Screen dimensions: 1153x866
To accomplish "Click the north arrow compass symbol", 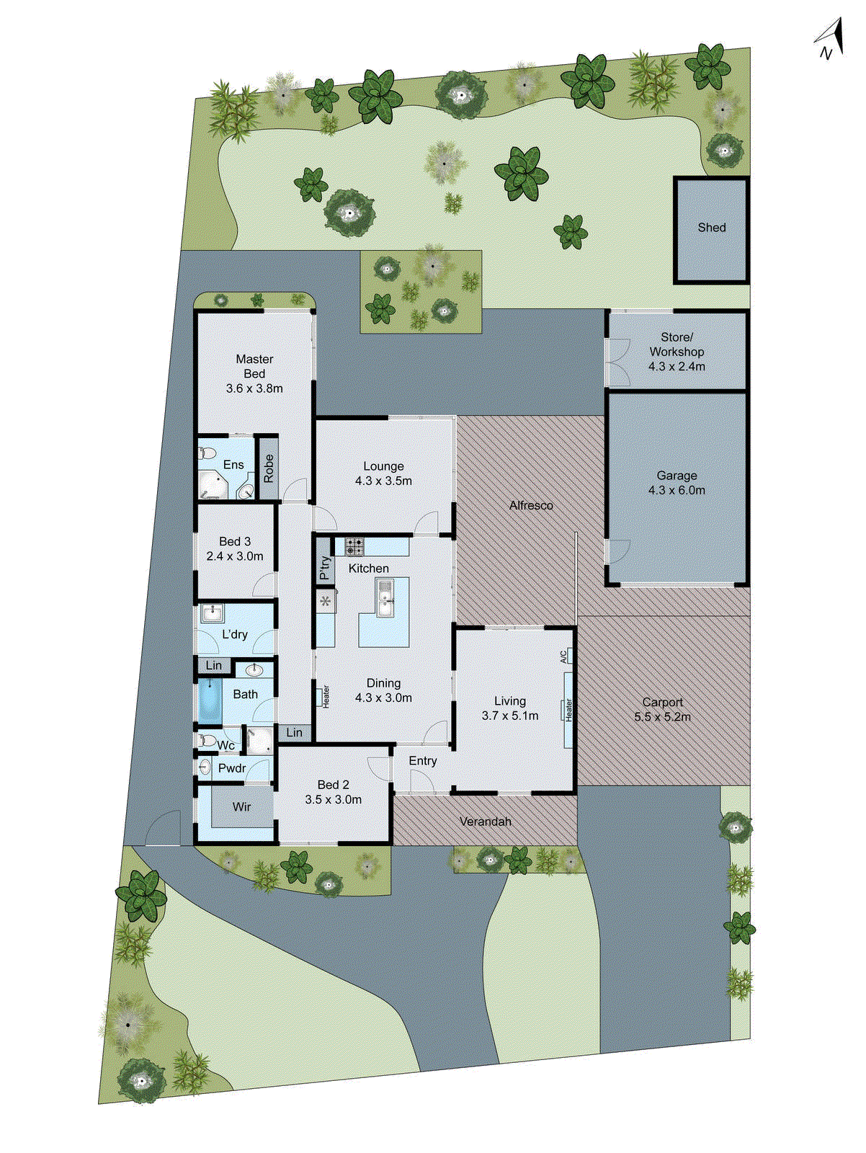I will [830, 40].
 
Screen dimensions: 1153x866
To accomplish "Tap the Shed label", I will [711, 228].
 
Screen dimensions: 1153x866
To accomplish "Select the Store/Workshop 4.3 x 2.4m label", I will [677, 352].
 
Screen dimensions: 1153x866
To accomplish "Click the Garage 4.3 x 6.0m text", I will [677, 483].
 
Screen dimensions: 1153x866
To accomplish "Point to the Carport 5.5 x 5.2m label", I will [662, 709].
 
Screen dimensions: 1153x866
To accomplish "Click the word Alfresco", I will [531, 506].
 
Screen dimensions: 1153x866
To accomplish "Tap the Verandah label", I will [485, 822].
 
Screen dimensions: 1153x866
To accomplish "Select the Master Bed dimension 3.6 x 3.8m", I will [254, 388].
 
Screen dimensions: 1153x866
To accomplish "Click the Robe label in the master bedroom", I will [269, 468].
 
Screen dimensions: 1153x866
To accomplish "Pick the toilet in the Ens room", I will [207, 453].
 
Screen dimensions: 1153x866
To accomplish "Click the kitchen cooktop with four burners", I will [354, 546].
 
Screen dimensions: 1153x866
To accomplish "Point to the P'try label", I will [325, 568].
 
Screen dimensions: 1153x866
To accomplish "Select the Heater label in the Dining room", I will [326, 696].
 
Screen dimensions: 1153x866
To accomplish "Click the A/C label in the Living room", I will [563, 656].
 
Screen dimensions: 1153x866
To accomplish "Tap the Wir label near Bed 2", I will [241, 807].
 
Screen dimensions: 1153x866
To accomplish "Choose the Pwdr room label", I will [232, 769].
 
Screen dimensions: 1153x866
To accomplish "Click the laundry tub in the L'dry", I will [212, 614].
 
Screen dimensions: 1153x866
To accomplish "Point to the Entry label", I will [423, 761].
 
